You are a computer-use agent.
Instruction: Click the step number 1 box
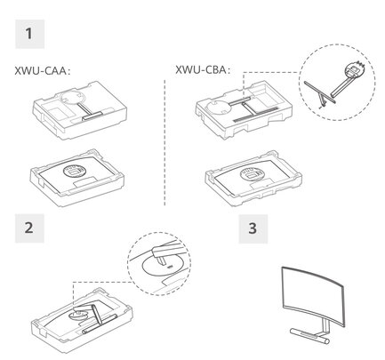coord(29,34)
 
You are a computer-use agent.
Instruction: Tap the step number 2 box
coord(29,228)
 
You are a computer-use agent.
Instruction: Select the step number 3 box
coord(253,229)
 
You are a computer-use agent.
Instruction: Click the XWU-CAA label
coord(43,71)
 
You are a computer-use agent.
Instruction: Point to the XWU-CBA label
coord(203,70)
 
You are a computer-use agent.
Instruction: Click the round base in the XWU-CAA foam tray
coord(72,98)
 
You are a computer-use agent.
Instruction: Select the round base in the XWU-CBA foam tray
coord(219,107)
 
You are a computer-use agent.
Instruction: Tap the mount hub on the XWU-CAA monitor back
coord(74,171)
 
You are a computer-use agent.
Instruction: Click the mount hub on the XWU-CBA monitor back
coord(251,173)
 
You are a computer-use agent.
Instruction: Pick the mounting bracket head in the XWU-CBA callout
coord(354,69)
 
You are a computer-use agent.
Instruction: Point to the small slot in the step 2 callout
coord(170,267)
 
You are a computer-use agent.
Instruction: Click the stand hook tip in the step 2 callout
coord(161,260)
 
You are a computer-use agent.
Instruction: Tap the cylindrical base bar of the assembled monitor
coord(309,335)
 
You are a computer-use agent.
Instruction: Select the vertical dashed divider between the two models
coord(164,142)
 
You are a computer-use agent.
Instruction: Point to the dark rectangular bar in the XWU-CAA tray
coord(92,116)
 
